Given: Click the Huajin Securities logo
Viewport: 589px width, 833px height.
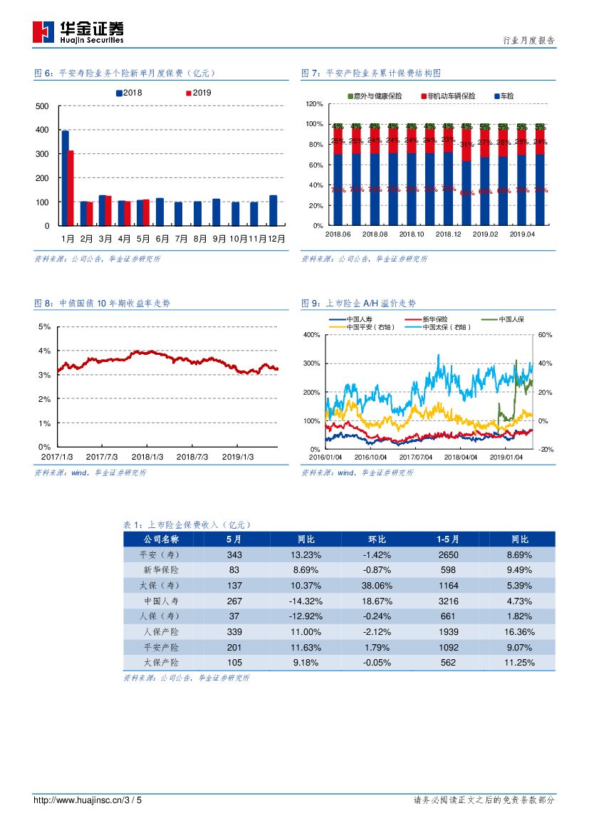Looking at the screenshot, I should tap(78, 31).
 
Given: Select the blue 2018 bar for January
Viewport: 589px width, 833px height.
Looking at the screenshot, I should tap(66, 178).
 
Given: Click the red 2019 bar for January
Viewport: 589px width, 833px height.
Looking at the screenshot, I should tap(71, 188).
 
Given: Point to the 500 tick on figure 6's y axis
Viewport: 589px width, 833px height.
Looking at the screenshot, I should tap(43, 106).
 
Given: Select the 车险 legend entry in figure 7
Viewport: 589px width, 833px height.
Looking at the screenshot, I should tap(504, 95).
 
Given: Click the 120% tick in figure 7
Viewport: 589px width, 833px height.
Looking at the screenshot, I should tap(315, 104).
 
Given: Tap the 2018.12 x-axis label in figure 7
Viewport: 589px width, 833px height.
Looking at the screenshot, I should tap(449, 234).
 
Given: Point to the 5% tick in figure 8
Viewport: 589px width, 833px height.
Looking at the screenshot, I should tap(43, 326).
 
